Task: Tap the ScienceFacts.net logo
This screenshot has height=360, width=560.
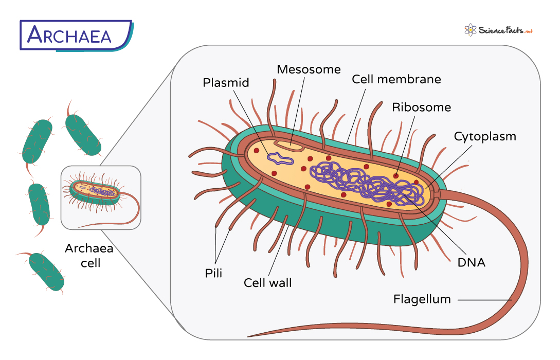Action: click(x=498, y=30)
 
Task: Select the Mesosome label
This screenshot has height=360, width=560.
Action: click(x=309, y=69)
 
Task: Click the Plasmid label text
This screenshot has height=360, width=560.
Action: click(x=226, y=83)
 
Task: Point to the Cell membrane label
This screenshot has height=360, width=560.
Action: click(x=396, y=79)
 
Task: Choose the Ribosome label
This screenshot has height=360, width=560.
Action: click(x=421, y=107)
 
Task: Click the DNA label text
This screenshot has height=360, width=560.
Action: click(x=471, y=263)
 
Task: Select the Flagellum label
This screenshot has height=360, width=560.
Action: click(x=422, y=299)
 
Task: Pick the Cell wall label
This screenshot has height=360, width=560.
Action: click(x=267, y=282)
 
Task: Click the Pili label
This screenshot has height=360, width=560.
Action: click(x=213, y=273)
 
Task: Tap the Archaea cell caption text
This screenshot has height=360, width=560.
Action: click(x=89, y=256)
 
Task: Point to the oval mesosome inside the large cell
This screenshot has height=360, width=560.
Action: click(x=288, y=146)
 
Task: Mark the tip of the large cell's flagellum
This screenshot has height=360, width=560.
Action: click(x=249, y=337)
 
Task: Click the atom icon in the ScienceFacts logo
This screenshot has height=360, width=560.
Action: click(x=469, y=30)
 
